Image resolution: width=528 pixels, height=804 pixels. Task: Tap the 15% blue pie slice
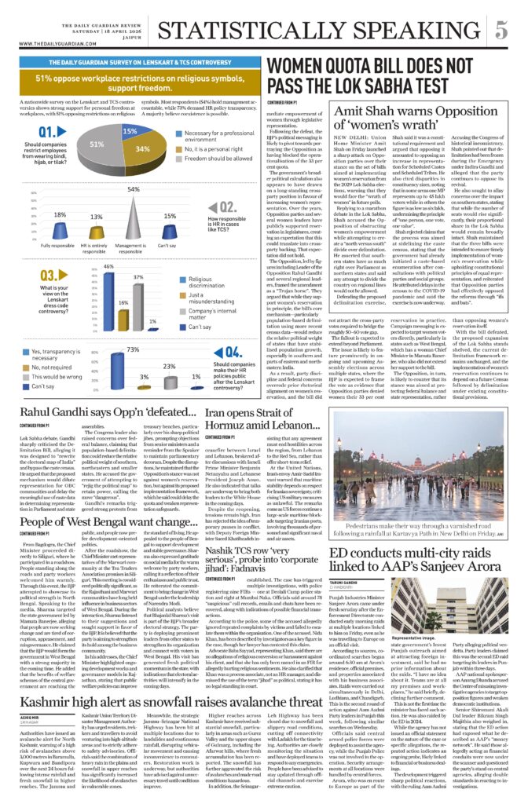[x=130, y=130]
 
